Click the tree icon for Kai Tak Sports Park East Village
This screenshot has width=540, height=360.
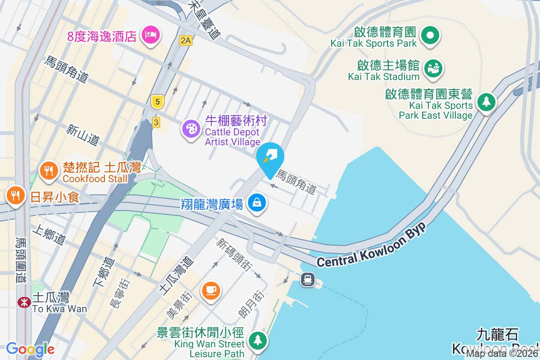click(x=486, y=101)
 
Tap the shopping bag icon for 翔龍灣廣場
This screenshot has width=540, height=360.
click(x=256, y=203)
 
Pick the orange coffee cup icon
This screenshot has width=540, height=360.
click(x=211, y=289)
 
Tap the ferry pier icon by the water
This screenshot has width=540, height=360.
click(x=308, y=279)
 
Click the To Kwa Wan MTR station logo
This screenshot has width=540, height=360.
click(x=24, y=302)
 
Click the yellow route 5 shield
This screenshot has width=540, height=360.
click(x=157, y=101)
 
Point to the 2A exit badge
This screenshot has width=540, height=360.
click(x=185, y=40)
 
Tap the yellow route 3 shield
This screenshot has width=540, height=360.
click(x=156, y=122)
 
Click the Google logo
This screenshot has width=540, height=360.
click(x=30, y=349)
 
